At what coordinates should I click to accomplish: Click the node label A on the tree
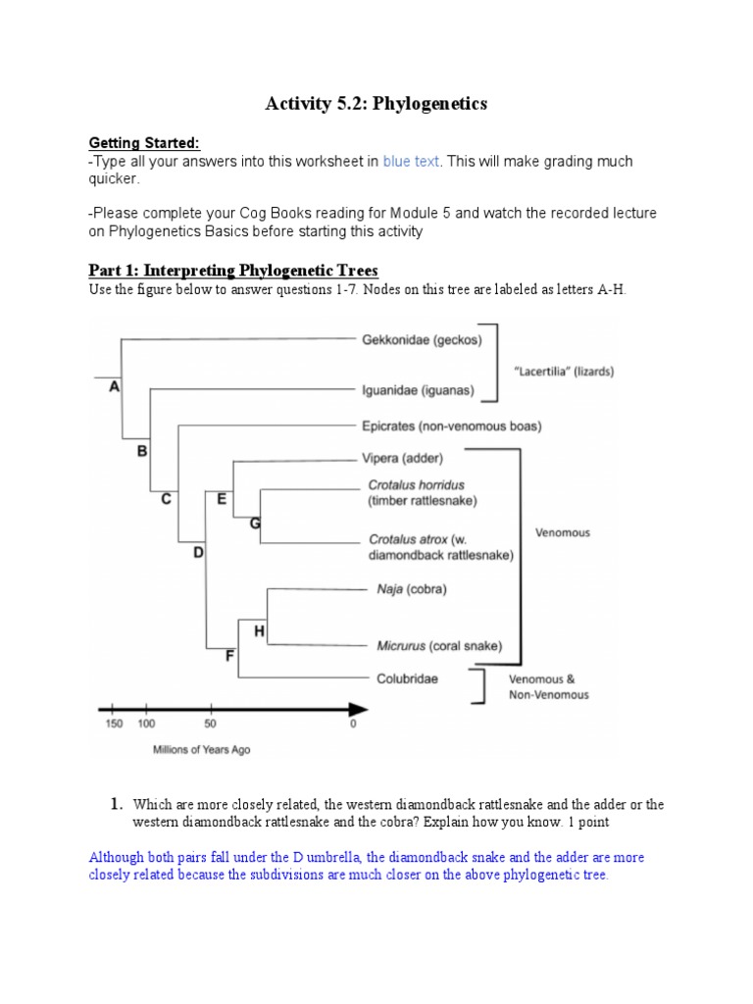pos(114,387)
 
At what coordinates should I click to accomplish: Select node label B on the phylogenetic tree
pos(141,451)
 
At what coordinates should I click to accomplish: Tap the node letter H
pos(259,631)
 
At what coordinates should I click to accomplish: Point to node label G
pos(255,524)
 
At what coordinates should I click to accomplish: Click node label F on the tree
pos(229,656)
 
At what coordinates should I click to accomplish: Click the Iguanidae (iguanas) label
pos(418,390)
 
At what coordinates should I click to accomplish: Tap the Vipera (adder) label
pos(402,458)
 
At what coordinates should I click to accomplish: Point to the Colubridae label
pos(407,678)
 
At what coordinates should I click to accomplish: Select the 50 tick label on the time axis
pos(209,725)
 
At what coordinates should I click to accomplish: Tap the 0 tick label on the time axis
pos(353,725)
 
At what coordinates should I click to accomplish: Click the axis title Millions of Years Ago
pos(201,750)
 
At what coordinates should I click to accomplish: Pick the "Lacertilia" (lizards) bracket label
pos(564,372)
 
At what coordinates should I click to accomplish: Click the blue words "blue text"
pos(411,161)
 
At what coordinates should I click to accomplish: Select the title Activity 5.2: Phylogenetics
pos(376,104)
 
